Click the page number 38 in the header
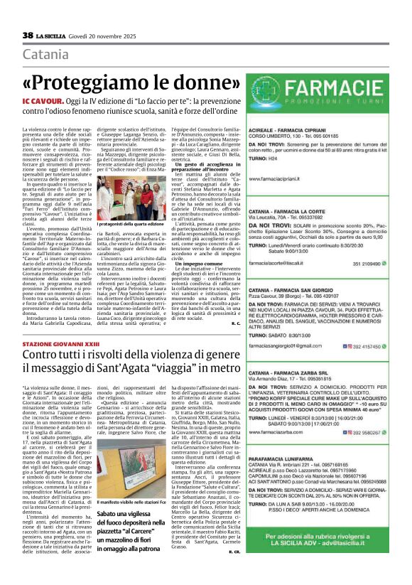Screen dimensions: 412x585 point(28,36)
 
